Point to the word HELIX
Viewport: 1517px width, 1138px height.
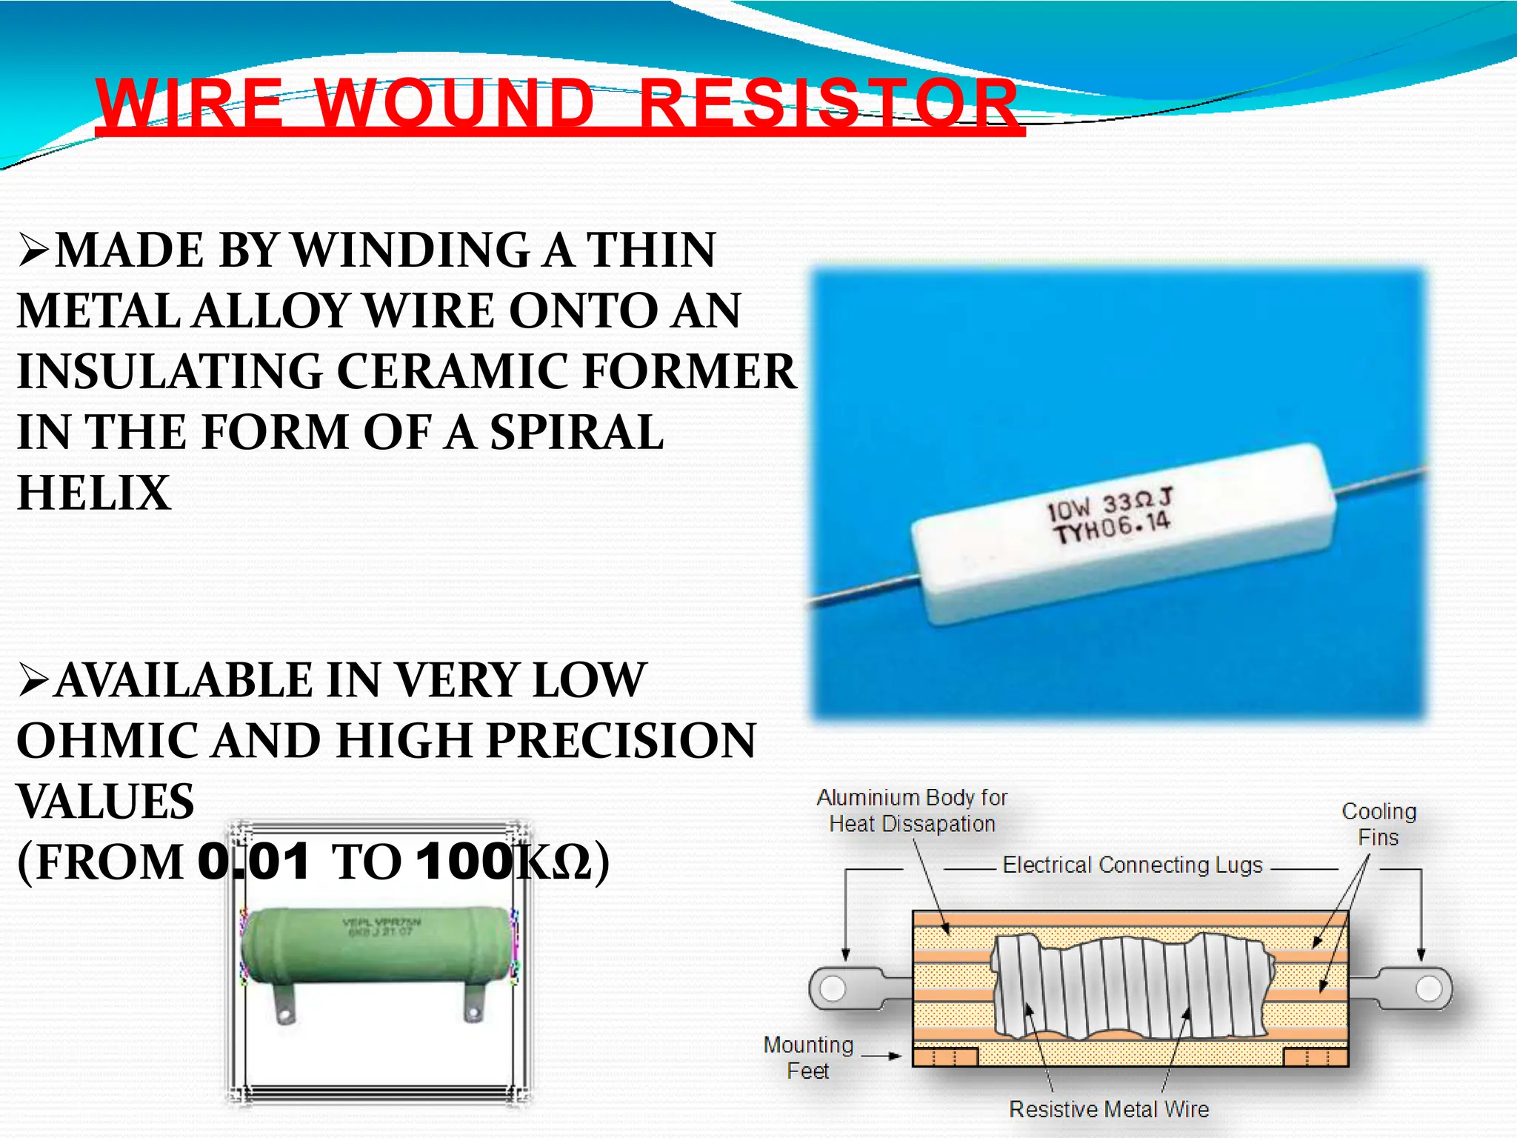94,493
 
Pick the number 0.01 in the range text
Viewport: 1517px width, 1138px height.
253,862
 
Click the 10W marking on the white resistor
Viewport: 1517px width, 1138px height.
1068,509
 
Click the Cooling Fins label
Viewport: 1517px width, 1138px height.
1378,824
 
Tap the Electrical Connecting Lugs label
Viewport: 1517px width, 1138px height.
1133,865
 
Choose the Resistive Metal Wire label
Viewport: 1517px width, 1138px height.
1109,1109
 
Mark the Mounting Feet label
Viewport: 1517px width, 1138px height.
808,1057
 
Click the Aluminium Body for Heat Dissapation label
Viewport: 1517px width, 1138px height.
912,811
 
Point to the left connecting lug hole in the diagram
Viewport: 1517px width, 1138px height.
833,988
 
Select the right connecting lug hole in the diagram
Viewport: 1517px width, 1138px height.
1429,988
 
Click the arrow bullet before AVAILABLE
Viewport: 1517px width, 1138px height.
34,681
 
